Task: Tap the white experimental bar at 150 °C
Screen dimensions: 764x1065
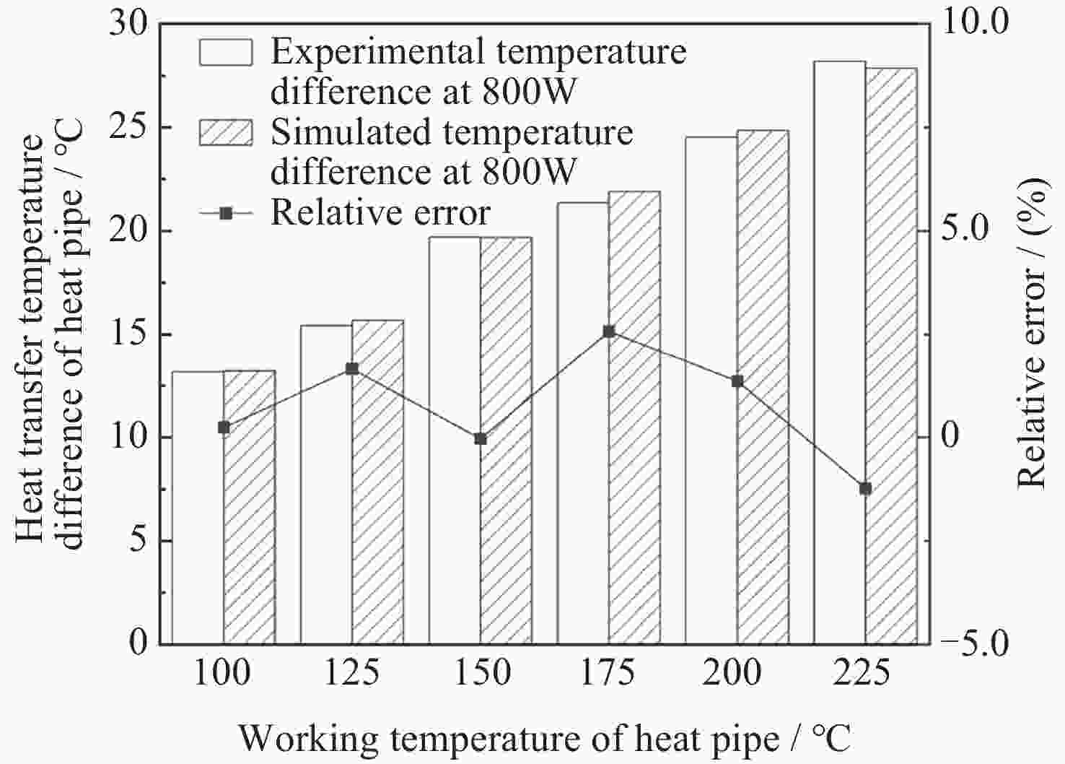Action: click(455, 440)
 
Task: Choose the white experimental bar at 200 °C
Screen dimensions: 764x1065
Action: click(711, 390)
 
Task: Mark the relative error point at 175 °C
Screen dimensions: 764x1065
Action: click(609, 331)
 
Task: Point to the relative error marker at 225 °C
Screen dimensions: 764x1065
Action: click(865, 489)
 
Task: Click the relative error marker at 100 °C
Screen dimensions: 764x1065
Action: click(224, 427)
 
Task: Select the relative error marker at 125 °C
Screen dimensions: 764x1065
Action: click(352, 369)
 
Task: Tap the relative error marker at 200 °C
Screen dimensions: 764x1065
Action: click(737, 381)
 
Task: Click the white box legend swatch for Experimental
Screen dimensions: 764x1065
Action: click(226, 52)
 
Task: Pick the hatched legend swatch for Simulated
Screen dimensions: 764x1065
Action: click(226, 132)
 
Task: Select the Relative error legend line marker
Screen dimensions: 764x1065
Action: click(226, 213)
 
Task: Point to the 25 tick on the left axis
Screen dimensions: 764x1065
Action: click(131, 127)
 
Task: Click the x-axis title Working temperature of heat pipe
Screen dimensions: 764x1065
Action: click(544, 739)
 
